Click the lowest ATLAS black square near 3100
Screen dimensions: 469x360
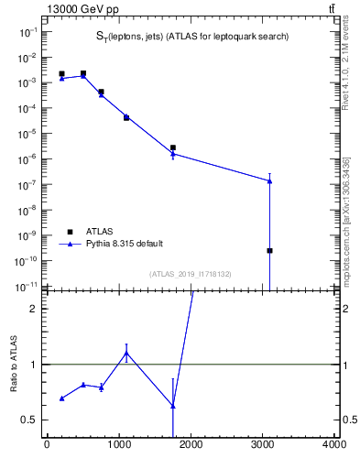269,250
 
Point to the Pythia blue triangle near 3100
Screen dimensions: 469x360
269,180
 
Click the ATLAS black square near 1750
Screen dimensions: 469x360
172,147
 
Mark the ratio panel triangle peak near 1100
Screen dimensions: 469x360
126,353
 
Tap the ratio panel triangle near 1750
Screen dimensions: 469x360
172,406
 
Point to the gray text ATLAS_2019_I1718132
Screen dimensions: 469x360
191,274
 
